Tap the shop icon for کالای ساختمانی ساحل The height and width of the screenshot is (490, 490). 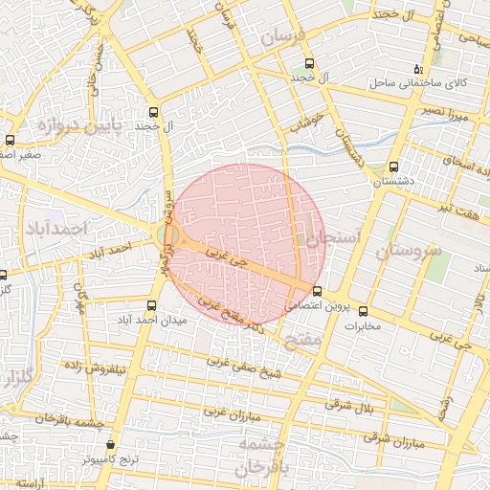418,68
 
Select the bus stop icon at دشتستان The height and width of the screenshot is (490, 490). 392,167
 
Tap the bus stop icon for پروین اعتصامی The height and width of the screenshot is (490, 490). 317,291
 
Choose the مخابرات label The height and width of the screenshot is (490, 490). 361,326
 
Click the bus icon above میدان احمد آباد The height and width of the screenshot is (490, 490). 150,305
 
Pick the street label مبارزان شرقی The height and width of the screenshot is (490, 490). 395,439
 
